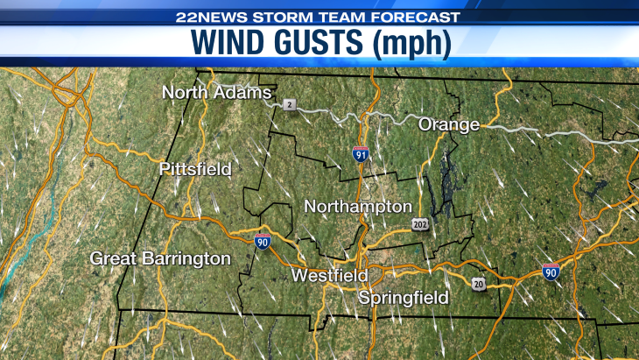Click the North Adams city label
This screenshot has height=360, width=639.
coord(217,93)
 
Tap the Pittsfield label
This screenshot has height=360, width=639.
coord(195,169)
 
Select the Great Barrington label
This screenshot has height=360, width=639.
coord(161,258)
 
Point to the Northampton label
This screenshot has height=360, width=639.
coord(357,207)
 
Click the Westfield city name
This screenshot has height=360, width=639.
coord(329,275)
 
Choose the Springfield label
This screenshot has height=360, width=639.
coord(403,298)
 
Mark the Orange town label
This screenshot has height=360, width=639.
coord(448,124)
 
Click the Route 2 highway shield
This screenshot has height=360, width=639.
coord(290,105)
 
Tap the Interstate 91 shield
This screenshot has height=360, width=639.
coord(361,154)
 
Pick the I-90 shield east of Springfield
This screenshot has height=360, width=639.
coord(551,272)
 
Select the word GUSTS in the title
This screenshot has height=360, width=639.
coord(323,44)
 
